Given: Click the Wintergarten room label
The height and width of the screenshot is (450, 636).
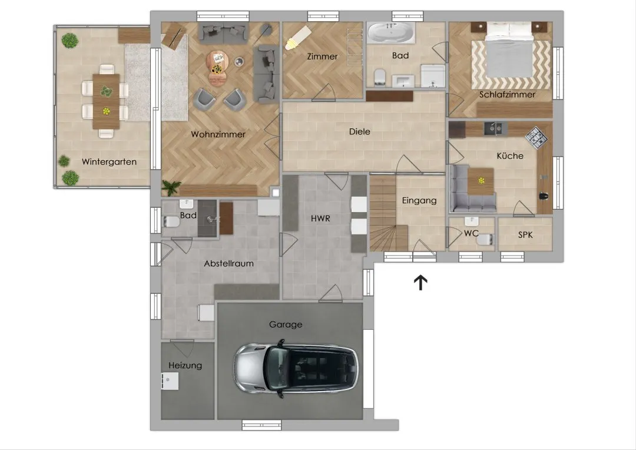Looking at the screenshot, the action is pyautogui.click(x=109, y=161).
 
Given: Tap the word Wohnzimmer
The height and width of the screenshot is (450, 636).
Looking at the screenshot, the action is pyautogui.click(x=218, y=134).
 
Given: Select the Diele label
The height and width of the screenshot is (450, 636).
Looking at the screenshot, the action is pyautogui.click(x=360, y=131).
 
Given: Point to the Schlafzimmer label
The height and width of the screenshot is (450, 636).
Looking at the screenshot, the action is pyautogui.click(x=508, y=95).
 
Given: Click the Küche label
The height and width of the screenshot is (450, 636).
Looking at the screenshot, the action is pyautogui.click(x=510, y=155).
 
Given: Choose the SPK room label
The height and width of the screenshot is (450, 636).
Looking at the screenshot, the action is pyautogui.click(x=525, y=234).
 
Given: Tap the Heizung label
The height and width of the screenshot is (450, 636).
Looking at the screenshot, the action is pyautogui.click(x=185, y=365).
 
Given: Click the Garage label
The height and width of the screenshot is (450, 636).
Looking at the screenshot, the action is pyautogui.click(x=286, y=324).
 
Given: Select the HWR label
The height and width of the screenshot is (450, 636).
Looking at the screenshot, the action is pyautogui.click(x=320, y=219).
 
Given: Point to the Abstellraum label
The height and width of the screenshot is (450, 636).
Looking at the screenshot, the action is pyautogui.click(x=228, y=263).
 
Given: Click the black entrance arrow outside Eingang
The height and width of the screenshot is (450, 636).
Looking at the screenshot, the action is pyautogui.click(x=420, y=283).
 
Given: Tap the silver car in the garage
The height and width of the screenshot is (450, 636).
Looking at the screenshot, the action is pyautogui.click(x=296, y=369).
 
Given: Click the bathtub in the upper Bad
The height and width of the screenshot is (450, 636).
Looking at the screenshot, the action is pyautogui.click(x=391, y=32).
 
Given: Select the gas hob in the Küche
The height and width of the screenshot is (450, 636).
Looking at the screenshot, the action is pyautogui.click(x=536, y=135).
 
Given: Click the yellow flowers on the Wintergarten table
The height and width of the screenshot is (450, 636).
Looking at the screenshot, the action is pyautogui.click(x=106, y=111).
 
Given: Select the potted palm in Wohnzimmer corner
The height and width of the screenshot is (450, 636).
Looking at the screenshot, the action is pyautogui.click(x=171, y=187).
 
